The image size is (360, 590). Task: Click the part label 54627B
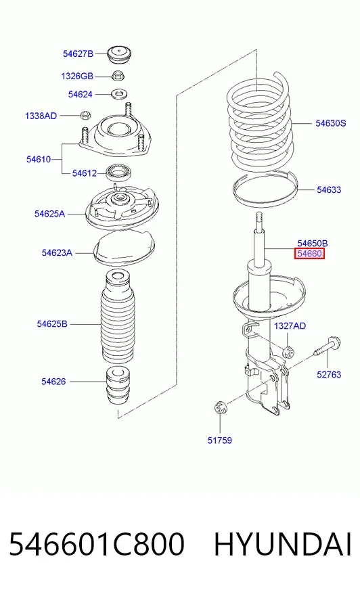[78, 54]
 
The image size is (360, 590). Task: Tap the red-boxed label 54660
[309, 254]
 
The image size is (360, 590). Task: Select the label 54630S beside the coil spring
[331, 123]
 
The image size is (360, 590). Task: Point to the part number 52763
[329, 374]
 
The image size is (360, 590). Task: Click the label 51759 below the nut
[220, 440]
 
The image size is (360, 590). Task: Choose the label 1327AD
[290, 326]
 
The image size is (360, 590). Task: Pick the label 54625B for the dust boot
[52, 323]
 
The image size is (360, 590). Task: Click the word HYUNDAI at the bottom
[282, 544]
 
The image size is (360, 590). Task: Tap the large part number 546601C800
[97, 544]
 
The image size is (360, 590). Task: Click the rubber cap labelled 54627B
[120, 55]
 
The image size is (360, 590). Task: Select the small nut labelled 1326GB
[118, 75]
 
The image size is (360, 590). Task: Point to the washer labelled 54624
[119, 93]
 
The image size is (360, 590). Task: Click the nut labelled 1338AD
[86, 114]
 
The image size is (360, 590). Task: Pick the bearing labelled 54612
[118, 173]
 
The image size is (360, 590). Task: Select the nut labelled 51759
[220, 408]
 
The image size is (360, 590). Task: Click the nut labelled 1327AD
[288, 352]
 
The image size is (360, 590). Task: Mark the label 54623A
[57, 252]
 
